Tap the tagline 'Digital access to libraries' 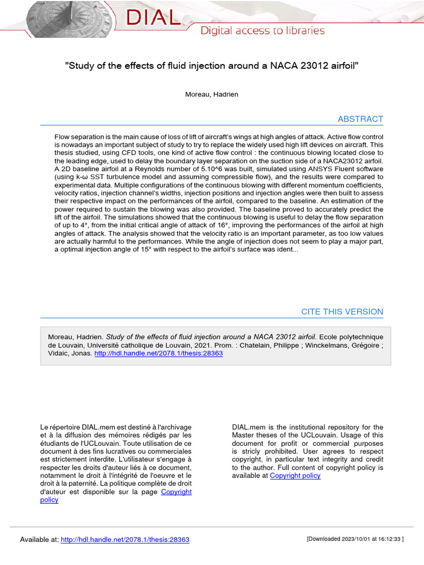pyautogui.click(x=262, y=31)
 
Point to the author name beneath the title pyautogui.click(x=211, y=94)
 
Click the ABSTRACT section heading pyautogui.click(x=360, y=119)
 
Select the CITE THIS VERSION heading pyautogui.click(x=342, y=312)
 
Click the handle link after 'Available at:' pyautogui.click(x=125, y=540)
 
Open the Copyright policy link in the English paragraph pyautogui.click(x=295, y=476)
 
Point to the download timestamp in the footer pyautogui.click(x=355, y=539)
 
